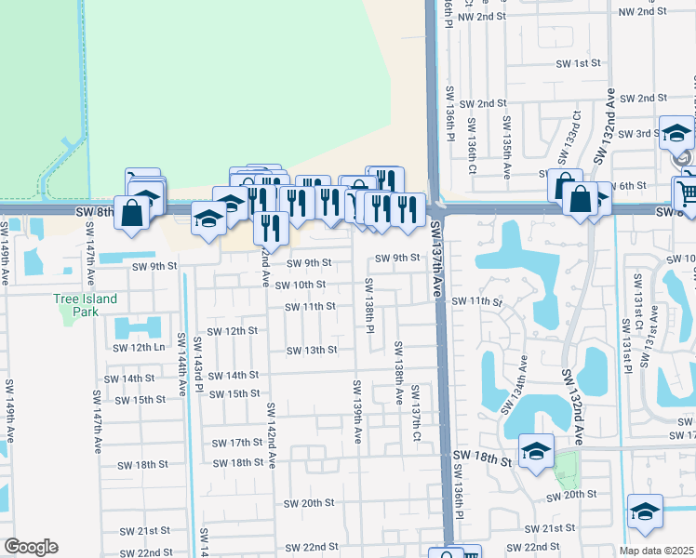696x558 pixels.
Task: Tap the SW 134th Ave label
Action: [x=515, y=385]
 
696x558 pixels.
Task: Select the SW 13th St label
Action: [x=310, y=351]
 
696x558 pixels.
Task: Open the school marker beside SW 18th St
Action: [x=537, y=451]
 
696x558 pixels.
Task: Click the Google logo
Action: [x=31, y=547]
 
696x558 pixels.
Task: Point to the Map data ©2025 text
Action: [x=657, y=551]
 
